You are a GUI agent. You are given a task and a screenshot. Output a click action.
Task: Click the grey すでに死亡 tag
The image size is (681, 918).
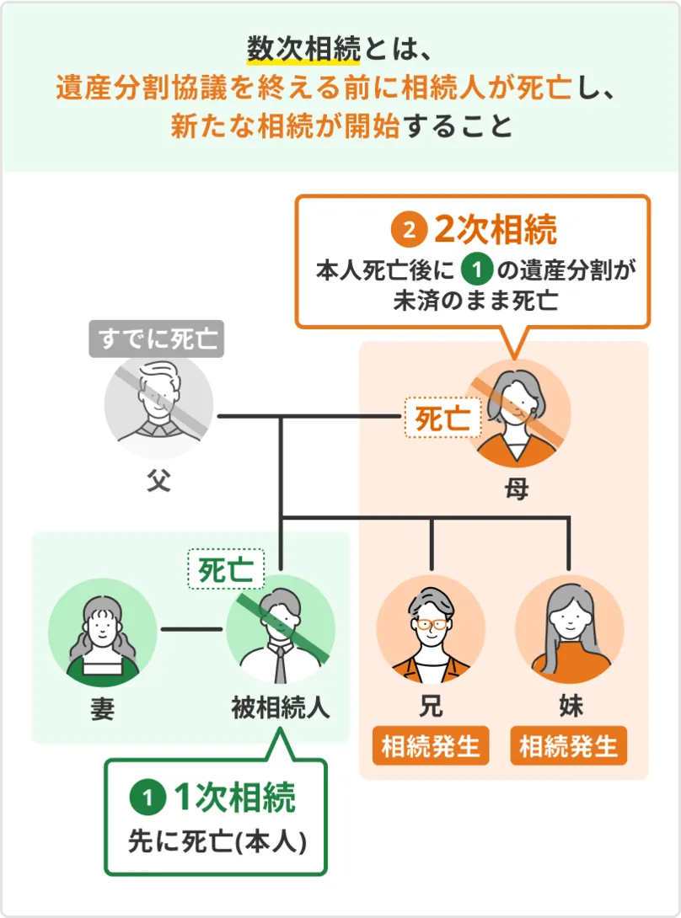pos(157,340)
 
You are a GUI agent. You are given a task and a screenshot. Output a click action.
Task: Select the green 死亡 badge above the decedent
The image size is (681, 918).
pos(225,569)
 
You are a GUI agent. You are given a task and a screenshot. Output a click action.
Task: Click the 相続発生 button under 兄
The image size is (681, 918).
pos(431,745)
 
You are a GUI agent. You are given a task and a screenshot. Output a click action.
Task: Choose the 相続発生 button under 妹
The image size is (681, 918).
pos(569,745)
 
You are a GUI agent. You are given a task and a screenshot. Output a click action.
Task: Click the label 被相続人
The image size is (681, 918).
pos(280,707)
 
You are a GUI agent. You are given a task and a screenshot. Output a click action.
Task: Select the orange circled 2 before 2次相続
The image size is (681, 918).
pos(409,230)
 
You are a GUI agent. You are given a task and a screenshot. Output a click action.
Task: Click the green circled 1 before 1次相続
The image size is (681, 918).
pos(147,797)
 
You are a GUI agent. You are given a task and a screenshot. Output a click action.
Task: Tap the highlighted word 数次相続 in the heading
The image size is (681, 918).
pos(304,49)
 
